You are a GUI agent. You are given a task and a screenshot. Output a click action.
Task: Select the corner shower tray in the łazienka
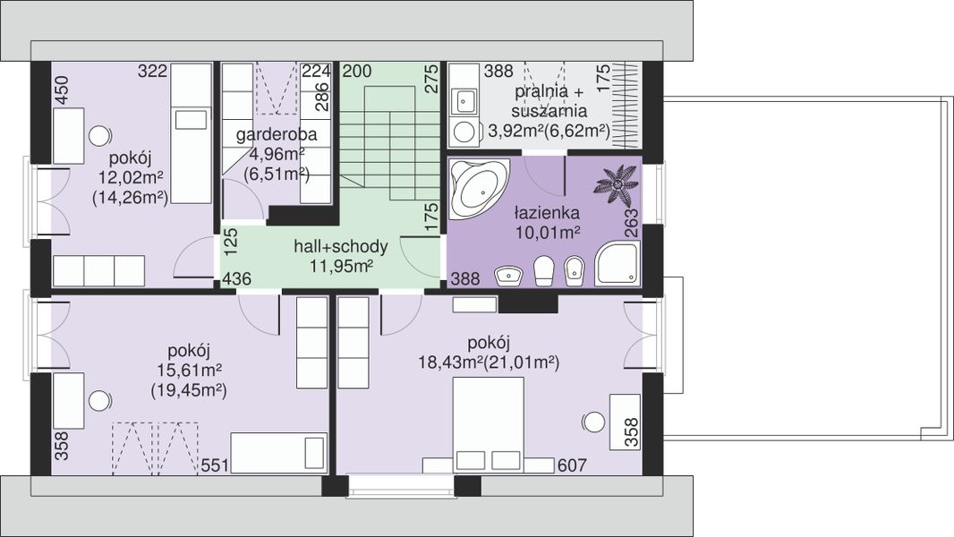[618, 263]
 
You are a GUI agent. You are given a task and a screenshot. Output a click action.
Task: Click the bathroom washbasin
[508, 276]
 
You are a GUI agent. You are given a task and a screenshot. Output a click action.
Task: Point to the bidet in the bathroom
[573, 271]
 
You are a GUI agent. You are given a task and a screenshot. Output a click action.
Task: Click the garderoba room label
[277, 135]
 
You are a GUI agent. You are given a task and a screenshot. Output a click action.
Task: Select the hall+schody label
[341, 246]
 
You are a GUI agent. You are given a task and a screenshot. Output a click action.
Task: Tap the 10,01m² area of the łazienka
[547, 233]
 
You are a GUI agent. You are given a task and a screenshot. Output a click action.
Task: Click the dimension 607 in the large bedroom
[572, 465]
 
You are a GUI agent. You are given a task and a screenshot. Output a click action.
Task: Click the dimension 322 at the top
[152, 72]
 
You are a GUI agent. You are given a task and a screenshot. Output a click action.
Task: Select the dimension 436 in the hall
[236, 279]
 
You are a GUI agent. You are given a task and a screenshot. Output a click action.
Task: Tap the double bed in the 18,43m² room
[489, 424]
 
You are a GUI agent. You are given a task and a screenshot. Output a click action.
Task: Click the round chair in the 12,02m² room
[99, 136]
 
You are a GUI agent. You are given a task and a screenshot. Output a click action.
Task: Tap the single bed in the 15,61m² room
[278, 453]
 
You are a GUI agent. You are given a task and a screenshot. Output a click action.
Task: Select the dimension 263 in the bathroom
[631, 223]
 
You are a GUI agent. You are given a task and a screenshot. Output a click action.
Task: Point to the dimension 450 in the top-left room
[63, 89]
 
